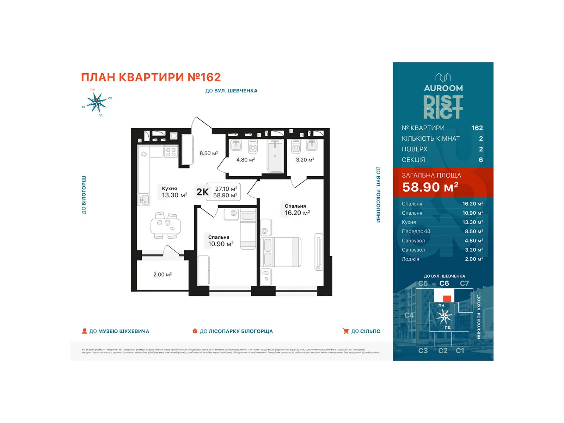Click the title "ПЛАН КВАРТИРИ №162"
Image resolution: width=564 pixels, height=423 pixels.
[x=151, y=77]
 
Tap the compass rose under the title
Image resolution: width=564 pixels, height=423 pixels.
[x=96, y=102]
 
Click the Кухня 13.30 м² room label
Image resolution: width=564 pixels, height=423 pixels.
[x=174, y=192]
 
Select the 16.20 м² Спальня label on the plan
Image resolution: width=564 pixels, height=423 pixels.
[x=297, y=210]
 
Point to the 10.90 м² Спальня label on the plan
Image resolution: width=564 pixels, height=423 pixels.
[x=220, y=241]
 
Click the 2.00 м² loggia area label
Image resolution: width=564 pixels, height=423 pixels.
[x=162, y=275]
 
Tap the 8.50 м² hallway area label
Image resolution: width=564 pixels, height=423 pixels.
[x=209, y=153]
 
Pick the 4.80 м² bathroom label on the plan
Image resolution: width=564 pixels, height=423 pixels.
[x=245, y=160]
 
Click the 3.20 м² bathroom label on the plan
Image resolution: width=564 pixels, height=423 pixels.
[x=305, y=160]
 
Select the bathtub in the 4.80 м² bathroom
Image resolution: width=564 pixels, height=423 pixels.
[x=275, y=156]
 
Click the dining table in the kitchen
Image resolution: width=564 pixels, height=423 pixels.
[x=166, y=226]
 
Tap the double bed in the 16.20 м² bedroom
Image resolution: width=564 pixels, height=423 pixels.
[x=281, y=252]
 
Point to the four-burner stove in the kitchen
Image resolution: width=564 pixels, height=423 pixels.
[x=171, y=152]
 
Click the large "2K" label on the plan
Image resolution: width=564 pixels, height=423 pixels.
[x=202, y=192]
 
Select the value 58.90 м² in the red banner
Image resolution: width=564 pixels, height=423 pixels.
[x=430, y=187]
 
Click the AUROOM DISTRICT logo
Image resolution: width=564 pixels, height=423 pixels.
[x=443, y=97]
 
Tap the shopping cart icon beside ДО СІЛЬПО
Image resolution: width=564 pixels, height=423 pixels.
[x=346, y=331]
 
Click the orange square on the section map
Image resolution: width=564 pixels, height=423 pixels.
[x=447, y=299]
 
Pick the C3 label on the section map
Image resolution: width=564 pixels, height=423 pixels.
[x=423, y=351]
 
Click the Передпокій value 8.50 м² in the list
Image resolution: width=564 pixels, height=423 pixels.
[x=474, y=231]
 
